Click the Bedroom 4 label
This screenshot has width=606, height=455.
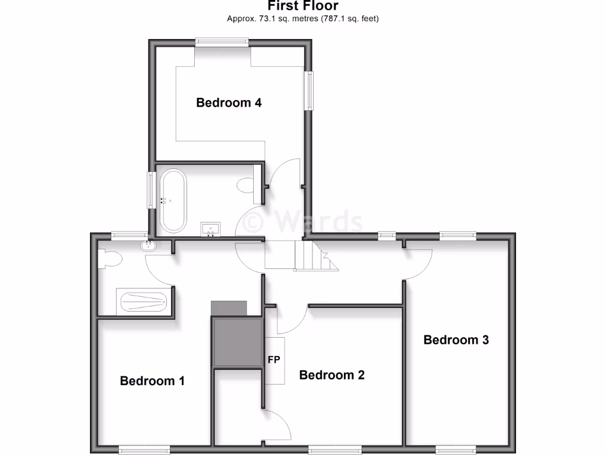coord(228,102)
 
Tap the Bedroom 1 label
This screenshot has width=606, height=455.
coord(152,380)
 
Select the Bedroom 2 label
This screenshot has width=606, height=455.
coord(331,374)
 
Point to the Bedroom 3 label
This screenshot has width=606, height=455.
coord(456,339)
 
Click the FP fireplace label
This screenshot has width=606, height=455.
coord(274,360)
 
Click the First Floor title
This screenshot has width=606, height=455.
coord(302,6)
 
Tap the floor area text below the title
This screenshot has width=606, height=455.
coord(302,18)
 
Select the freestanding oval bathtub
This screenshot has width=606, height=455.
coord(173,201)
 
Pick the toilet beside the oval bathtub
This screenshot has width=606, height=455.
coord(244,185)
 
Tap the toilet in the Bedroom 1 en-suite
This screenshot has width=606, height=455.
coord(111,258)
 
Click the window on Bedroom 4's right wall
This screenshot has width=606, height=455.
coord(309,91)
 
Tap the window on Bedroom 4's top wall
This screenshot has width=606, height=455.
coord(221,41)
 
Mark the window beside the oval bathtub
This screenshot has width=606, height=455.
coord(151,190)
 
